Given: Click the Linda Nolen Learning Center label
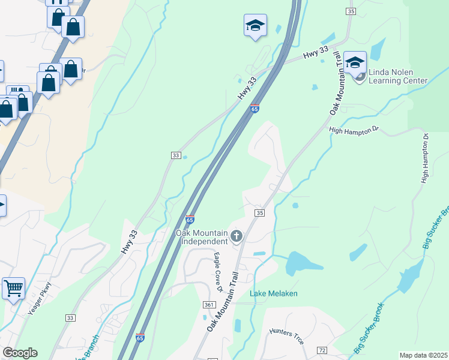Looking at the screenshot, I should pos(397,76).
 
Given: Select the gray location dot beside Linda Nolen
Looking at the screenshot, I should pos(360,76).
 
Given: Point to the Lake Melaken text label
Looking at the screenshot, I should pos(274,293).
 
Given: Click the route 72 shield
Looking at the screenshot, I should pos(322,350).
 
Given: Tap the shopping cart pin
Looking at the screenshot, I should pos(14,289).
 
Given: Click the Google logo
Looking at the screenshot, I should pos(19,353).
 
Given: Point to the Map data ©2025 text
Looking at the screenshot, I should pos(423,355).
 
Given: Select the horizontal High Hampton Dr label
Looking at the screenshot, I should pos(354,129).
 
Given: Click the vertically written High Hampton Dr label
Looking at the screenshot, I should pos(425,158).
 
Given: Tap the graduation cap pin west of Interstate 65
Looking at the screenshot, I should pos(255,26).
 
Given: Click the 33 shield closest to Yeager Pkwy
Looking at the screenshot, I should pos(71,317).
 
